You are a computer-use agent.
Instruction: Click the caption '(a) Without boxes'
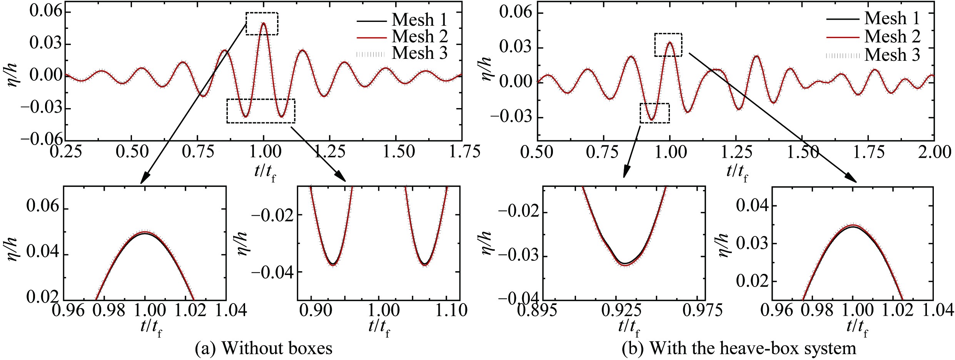pyautogui.click(x=264, y=348)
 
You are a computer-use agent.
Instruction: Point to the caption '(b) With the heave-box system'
pyautogui.click(x=739, y=348)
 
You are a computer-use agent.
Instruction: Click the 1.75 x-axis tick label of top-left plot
pyautogui.click(x=465, y=152)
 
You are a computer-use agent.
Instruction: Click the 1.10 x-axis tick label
pyautogui.click(x=450, y=310)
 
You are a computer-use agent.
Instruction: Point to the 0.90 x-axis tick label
pyautogui.click(x=315, y=310)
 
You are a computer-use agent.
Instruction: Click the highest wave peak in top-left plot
pyautogui.click(x=264, y=23)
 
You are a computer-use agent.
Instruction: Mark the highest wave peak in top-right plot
pyautogui.click(x=670, y=42)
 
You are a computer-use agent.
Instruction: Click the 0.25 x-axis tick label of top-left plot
pyautogui.click(x=66, y=152)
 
